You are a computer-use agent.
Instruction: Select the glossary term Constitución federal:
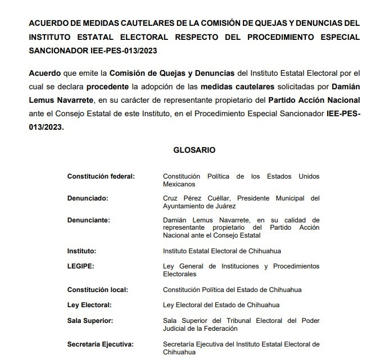tap(101, 176)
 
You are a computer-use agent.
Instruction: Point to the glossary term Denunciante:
tap(89, 220)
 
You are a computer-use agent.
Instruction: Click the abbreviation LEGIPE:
tap(81, 266)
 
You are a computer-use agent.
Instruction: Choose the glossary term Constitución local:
tap(97, 290)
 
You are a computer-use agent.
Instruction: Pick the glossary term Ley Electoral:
tap(89, 305)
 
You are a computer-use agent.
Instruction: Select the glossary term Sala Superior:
tap(90, 321)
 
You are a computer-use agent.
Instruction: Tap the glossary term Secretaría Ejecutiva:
tap(103, 344)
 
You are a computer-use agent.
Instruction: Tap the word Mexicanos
tap(179, 184)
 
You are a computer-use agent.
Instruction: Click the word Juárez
tap(232, 206)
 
